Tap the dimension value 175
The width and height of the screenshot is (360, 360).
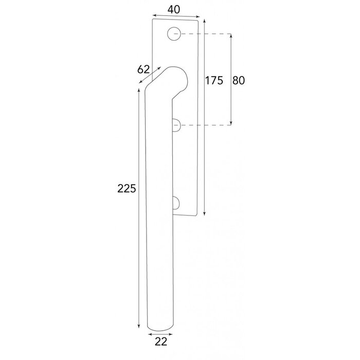pyautogui.click(x=213, y=80)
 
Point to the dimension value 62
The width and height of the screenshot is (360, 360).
pyautogui.click(x=143, y=69)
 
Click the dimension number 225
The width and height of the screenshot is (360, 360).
pyautogui.click(x=126, y=188)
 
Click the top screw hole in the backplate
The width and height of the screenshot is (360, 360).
pyautogui.click(x=175, y=35)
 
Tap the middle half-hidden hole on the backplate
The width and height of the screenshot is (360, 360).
pyautogui.click(x=176, y=125)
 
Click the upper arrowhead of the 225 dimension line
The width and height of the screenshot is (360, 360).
pyautogui.click(x=139, y=91)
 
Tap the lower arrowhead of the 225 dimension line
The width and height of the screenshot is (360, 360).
pyautogui.click(x=139, y=327)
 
